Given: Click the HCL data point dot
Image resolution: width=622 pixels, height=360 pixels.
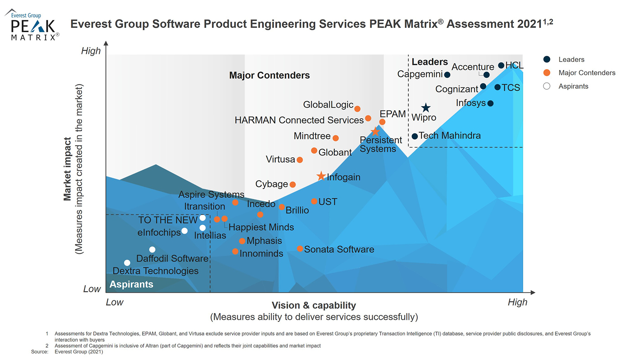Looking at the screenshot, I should coord(501,65).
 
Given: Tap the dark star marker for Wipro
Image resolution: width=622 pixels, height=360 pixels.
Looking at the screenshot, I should coord(426,108).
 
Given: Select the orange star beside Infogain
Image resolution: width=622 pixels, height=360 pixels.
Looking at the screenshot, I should coord(321,176).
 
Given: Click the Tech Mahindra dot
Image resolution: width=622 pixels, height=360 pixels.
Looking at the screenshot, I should coord(415,136).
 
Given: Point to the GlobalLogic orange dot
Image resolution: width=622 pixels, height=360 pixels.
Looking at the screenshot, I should coord(357,109).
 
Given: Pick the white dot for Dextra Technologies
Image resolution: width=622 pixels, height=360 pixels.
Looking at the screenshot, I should coord(127,263).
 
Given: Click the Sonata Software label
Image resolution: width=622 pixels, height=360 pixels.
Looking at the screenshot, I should coord(339,249).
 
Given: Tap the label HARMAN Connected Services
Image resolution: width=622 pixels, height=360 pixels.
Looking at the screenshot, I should coord(299,120).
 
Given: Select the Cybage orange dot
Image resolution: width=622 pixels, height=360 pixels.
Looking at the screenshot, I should coord(293,185).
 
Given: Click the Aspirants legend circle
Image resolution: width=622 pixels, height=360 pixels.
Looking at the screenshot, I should coord(547,86).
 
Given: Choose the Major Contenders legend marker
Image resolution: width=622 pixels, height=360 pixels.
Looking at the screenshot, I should coord(547,73).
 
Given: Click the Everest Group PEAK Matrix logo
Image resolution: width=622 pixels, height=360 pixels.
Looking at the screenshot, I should coord(33,25).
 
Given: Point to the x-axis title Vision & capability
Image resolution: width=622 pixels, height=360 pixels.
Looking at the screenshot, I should coord(314,306).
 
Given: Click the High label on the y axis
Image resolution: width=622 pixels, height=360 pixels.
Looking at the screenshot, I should coord(91,51).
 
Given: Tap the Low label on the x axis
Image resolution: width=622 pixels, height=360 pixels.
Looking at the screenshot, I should coord(115,302).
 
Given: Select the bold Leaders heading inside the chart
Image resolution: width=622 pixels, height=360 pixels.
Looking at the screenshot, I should coord(430,62).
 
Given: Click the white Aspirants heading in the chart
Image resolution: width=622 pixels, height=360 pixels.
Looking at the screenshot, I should coord(131,284).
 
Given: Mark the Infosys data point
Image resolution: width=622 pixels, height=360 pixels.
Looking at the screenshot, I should coord(490,103).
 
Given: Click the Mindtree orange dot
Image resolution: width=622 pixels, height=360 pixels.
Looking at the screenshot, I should coord(335,138).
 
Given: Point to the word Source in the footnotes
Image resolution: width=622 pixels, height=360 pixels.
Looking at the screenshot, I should coord(40,352).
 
